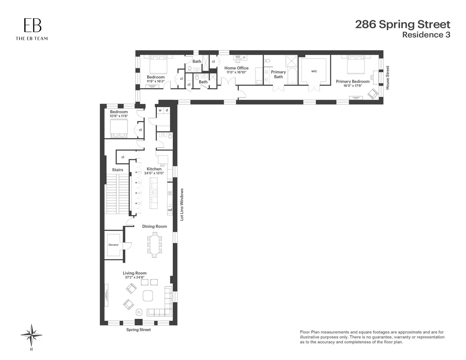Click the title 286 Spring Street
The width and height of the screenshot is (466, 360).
(403, 24)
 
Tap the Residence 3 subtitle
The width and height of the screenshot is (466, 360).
(426, 35)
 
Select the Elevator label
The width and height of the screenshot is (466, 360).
(113, 245)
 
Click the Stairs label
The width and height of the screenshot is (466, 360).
(117, 170)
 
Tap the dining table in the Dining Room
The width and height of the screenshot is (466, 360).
(155, 245)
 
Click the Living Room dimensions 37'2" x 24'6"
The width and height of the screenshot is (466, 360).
(135, 278)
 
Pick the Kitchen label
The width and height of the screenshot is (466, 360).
(154, 169)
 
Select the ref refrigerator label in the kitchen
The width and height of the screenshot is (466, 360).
(170, 210)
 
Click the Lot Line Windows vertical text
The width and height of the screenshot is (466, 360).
(181, 205)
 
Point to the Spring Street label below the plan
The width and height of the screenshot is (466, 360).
(138, 330)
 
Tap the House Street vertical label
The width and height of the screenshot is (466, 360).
(387, 78)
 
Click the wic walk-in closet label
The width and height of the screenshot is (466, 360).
(315, 71)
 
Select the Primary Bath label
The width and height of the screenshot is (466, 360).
(278, 74)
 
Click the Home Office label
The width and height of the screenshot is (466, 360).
(237, 68)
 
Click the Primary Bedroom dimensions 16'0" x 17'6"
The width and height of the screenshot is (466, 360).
(353, 86)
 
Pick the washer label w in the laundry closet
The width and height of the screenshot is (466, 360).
(160, 110)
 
